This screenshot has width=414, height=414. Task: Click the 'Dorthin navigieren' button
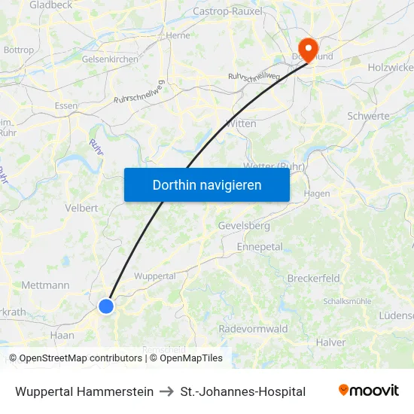tap(207, 184)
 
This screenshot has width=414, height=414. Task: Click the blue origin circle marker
tap(106, 306)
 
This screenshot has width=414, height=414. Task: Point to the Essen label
tap(66, 106)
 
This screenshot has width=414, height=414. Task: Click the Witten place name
tap(241, 123)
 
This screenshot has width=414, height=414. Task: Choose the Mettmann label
tap(46, 285)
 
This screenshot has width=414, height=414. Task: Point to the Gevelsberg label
tap(243, 225)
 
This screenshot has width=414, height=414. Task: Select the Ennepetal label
tap(259, 246)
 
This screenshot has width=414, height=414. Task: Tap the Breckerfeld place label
tap(314, 278)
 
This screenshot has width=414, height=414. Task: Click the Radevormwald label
tap(253, 329)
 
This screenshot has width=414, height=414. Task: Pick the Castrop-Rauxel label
tap(228, 11)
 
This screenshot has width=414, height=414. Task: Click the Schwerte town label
tap(368, 116)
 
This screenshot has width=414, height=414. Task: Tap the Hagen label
tap(317, 193)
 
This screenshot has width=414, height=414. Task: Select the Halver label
tap(331, 342)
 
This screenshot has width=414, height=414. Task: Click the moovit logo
tap(369, 391)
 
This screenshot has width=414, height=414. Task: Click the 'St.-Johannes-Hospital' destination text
tap(243, 391)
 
